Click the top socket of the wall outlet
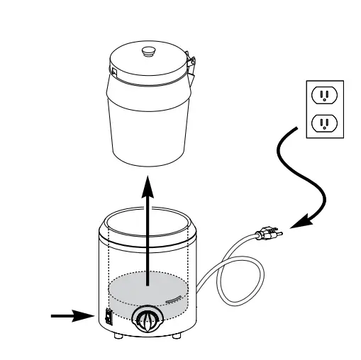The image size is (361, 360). [323, 94]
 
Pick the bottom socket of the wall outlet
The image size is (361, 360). [323, 124]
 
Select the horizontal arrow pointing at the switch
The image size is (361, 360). [72, 316]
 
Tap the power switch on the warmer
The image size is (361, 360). [109, 317]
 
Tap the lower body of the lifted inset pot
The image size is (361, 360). [148, 135]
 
